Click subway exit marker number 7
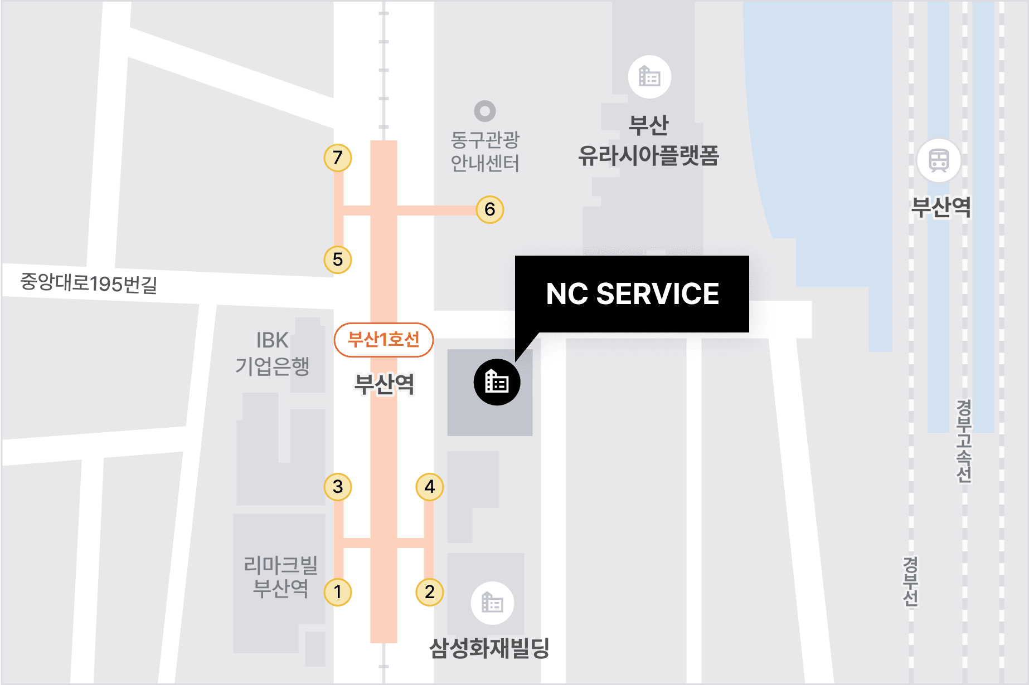click(338, 158)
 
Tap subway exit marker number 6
click(490, 209)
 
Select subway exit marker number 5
click(338, 260)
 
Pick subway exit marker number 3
click(338, 487)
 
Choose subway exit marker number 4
click(430, 487)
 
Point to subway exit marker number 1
click(338, 591)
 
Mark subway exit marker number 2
click(430, 591)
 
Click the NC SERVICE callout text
click(632, 294)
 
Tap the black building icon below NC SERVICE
click(497, 382)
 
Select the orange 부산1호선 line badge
click(384, 340)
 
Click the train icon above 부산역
click(939, 160)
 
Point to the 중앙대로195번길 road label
click(89, 283)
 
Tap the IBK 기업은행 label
click(272, 353)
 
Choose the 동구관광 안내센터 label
click(485, 151)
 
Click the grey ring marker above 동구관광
click(485, 111)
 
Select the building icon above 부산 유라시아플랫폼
click(649, 77)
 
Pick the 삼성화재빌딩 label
click(489, 648)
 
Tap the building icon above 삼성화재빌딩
click(492, 603)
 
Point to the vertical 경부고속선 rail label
click(964, 441)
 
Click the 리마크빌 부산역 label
click(280, 576)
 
